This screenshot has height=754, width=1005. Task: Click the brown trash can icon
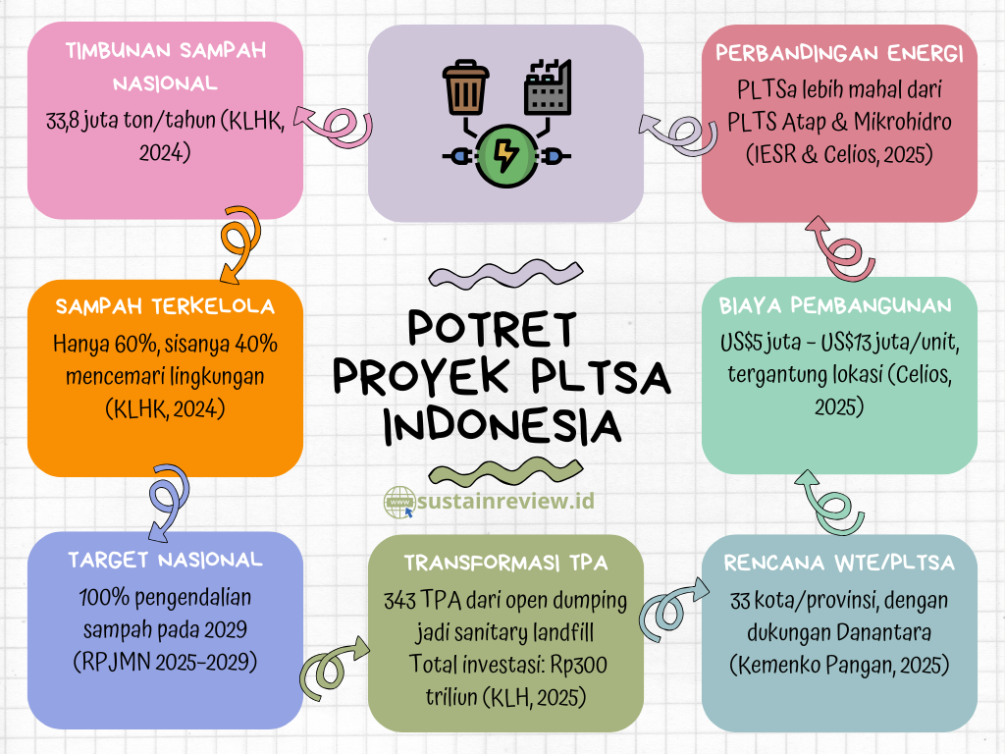[x=466, y=87]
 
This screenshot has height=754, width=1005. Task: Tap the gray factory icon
[x=548, y=87]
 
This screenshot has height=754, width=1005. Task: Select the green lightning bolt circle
[x=506, y=156]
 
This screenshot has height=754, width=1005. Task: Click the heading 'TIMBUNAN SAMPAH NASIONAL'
[x=165, y=67]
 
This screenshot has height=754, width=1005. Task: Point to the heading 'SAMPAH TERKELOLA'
[x=165, y=306]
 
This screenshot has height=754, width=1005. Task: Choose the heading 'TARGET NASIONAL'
[x=165, y=560]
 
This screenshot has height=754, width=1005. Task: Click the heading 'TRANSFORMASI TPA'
[x=505, y=563]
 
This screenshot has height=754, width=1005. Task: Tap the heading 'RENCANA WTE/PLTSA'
[x=839, y=563]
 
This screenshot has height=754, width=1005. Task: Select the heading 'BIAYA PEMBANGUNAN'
[x=835, y=305]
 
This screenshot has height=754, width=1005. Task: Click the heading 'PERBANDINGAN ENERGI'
[x=839, y=53]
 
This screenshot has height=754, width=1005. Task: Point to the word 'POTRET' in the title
[x=493, y=329]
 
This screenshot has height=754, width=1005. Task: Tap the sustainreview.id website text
[x=505, y=500]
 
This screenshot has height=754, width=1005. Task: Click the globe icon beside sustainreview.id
[x=399, y=502]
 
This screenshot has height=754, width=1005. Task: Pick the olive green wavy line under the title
[x=505, y=473]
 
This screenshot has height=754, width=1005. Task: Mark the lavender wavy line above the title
[x=505, y=274]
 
